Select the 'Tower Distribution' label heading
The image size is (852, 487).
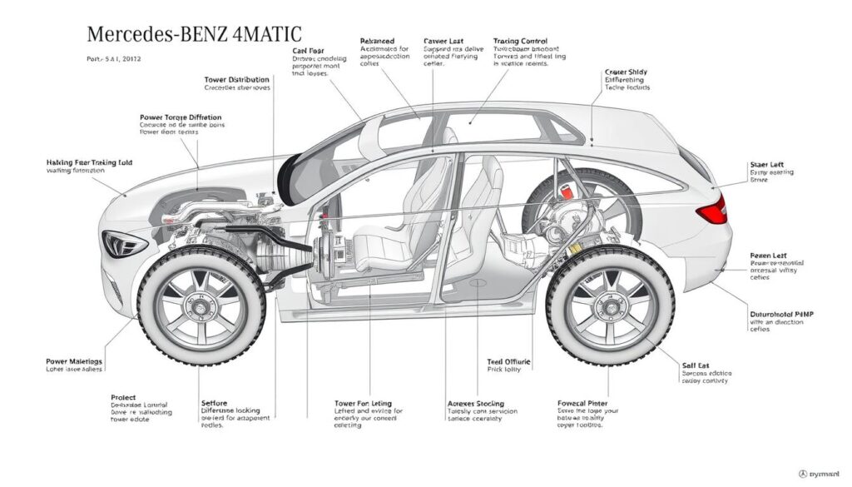(236, 80)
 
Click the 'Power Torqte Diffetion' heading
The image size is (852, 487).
(181, 118)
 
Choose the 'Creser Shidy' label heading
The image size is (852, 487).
(627, 73)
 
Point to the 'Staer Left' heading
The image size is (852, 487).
(768, 164)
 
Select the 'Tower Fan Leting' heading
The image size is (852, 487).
(362, 404)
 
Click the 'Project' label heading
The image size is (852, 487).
(123, 398)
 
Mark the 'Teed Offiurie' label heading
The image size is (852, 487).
(508, 363)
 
